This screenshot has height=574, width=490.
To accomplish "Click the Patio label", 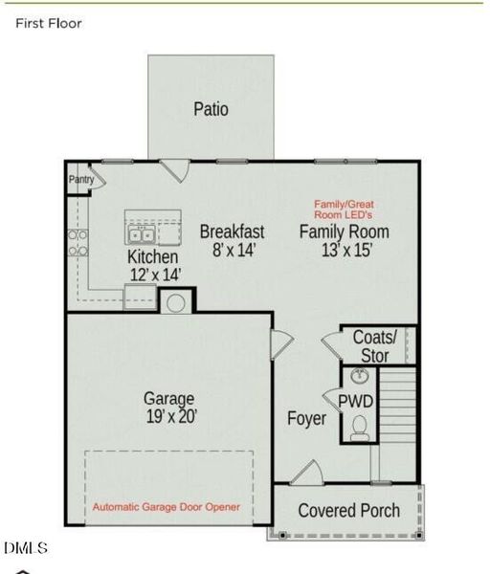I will [211, 109].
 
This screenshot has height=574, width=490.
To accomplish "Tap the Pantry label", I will [79, 179].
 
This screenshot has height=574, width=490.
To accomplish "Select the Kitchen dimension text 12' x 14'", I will [153, 275].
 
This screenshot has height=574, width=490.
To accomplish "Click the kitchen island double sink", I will [142, 234].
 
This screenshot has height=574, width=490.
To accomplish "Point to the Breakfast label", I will [232, 232].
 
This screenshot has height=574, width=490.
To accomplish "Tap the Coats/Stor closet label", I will [374, 346].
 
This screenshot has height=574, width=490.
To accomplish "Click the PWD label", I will [362, 400].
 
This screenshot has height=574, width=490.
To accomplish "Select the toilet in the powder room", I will [361, 428].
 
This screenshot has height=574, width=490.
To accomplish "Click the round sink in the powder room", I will [361, 375].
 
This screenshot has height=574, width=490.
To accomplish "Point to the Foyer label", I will [306, 419].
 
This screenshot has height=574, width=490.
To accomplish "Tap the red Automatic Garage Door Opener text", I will [167, 506].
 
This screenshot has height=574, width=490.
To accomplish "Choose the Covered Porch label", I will [348, 511].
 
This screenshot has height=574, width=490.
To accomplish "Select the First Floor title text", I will [49, 23].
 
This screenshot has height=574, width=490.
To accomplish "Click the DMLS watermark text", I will [26, 548].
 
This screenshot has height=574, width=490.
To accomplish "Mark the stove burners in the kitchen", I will [78, 243].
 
